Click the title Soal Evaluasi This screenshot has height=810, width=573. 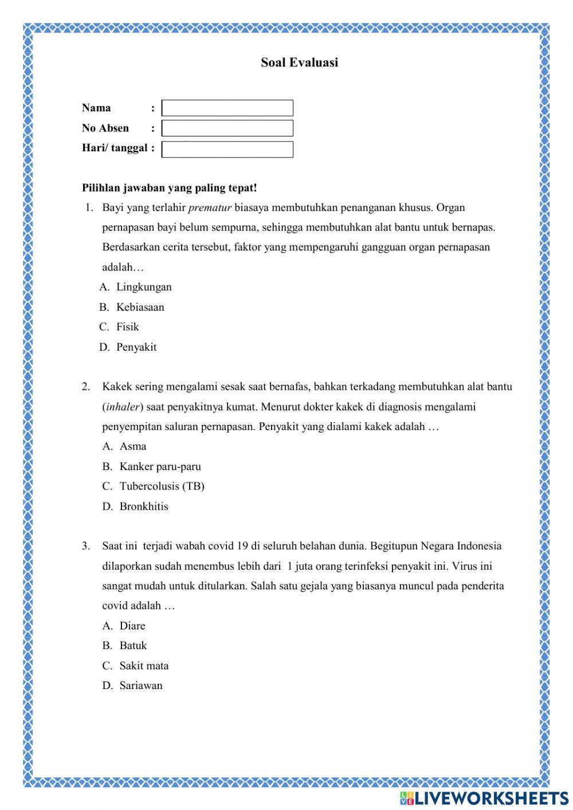coord(299,62)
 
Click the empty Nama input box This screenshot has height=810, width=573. coord(227,108)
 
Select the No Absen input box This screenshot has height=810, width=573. coord(227,128)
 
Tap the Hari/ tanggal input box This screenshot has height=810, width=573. coord(227,149)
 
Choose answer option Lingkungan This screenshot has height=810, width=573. coord(144,287)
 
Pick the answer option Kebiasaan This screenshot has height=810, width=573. coord(140,307)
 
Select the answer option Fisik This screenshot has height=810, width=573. coord(128,327)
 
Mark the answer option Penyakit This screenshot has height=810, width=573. coord(136,347)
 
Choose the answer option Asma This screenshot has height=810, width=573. coord(133,446)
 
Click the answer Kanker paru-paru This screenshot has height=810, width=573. coord(160,467)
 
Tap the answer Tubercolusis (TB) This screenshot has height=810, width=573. coord(162,486)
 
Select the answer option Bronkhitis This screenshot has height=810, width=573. coord(144,506)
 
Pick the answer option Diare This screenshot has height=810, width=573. coord(132,625)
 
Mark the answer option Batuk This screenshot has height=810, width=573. coord(133,645)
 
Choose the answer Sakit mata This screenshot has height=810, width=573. coord(144,666)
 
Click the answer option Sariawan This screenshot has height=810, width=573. coord(141,686)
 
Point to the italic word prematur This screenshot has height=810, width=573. coord(210,208)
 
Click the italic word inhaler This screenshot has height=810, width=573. coord(123,407)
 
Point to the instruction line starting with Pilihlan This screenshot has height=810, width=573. coord(170,187)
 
